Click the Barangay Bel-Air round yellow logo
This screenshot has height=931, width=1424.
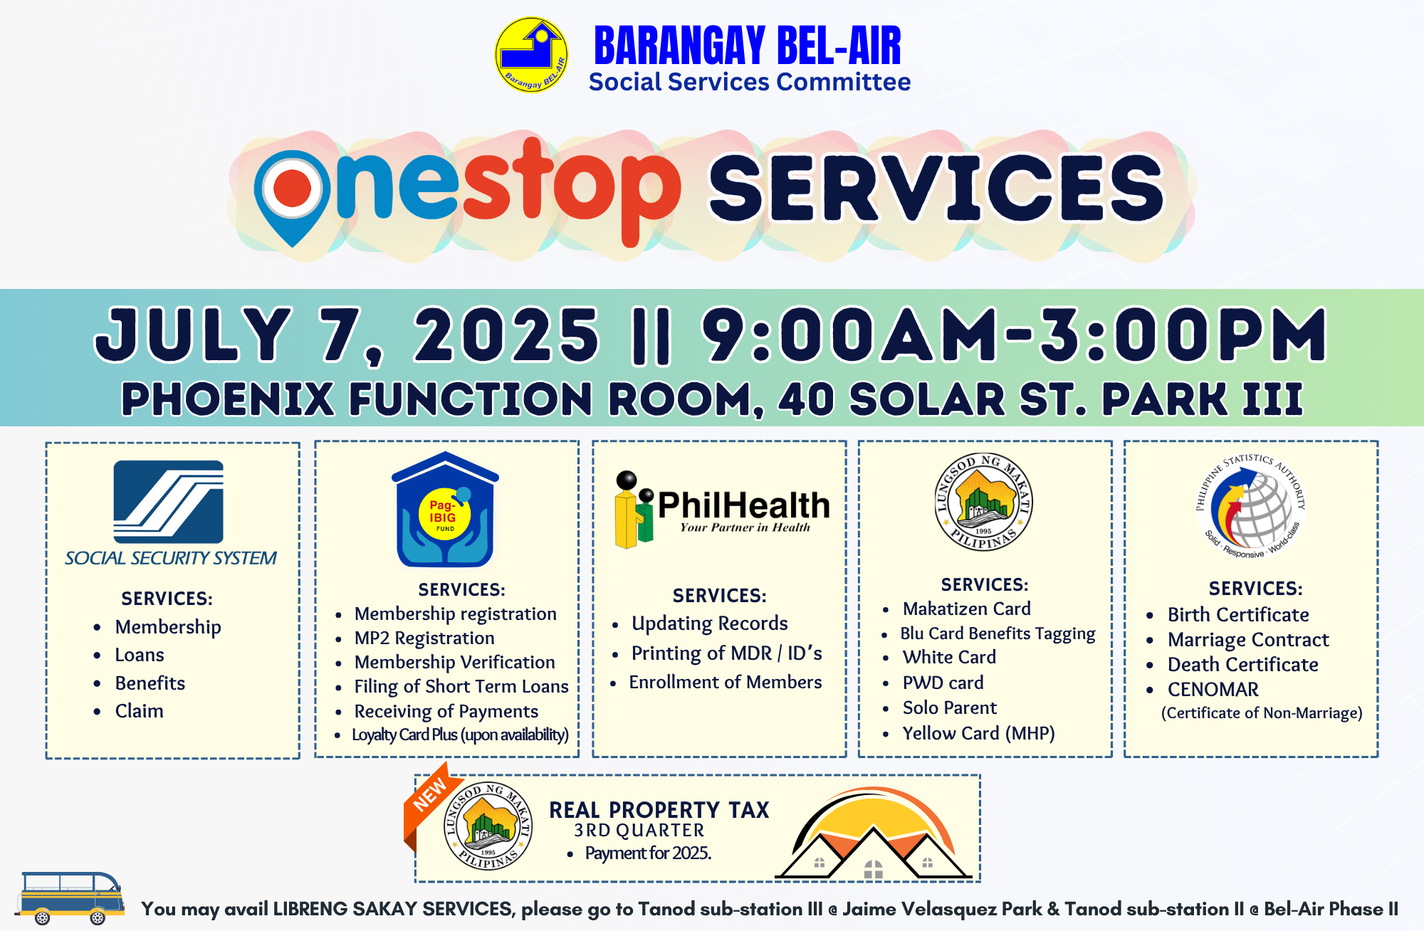coord(531,56)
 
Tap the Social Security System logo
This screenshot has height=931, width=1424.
coord(169,502)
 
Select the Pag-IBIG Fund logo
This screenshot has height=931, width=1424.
coord(445,510)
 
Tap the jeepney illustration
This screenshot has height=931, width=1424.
coord(70,898)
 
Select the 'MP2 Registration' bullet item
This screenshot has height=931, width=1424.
coord(424,638)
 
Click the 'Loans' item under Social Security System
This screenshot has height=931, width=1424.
coord(140,655)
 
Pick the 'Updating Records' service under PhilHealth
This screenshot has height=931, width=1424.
coord(710,624)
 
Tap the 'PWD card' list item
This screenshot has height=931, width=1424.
coord(943,683)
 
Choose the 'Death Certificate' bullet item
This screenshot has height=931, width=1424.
coord(1242,665)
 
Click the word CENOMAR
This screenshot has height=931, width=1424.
coord(1213,690)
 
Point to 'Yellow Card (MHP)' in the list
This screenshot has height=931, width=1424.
coord(978,733)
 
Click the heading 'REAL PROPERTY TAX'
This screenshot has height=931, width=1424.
coord(659,810)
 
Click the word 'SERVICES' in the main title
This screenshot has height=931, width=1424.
coord(936,189)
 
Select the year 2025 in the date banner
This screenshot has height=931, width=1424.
coord(506,335)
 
